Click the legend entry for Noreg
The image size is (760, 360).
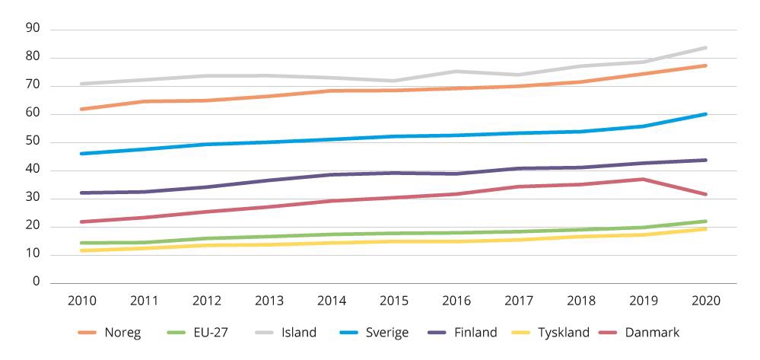[122, 333]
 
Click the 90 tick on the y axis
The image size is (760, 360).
[33, 30]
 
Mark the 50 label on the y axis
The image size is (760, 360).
[33, 142]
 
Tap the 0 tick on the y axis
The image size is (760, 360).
[36, 282]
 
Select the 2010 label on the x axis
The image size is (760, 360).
[81, 300]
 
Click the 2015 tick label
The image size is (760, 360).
[393, 300]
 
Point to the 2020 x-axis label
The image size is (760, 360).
[706, 300]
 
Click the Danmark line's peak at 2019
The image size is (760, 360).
[644, 179]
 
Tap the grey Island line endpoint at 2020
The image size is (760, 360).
[706, 48]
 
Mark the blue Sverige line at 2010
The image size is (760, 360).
[81, 154]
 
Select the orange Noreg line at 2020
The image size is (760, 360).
[706, 65]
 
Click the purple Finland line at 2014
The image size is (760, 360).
[331, 174]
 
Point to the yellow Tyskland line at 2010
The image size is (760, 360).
[81, 250]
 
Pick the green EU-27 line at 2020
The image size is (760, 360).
[706, 221]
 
